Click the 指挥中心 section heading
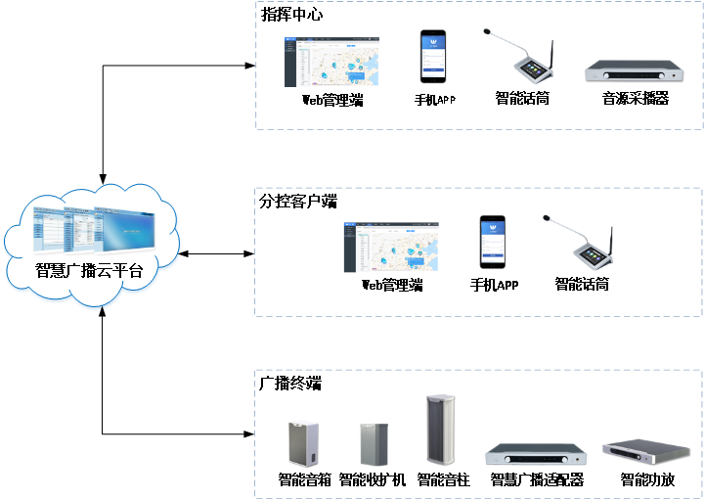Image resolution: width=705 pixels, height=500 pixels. point(291,15)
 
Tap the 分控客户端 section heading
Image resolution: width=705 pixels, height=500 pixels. point(298,202)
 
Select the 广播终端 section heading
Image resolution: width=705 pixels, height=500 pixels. point(290,383)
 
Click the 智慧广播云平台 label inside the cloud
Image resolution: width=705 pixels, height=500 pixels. point(89,270)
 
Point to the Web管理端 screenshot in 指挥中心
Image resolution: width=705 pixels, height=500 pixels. point(331,62)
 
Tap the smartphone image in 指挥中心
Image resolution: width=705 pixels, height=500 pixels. point(433,56)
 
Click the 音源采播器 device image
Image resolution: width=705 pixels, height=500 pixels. point(634,71)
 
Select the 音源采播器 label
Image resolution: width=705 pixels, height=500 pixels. point(636,98)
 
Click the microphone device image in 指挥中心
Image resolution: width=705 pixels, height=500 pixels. point(519,56)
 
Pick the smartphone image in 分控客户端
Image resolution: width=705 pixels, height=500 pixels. point(493,242)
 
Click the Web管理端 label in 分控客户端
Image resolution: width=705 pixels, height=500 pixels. point(392,285)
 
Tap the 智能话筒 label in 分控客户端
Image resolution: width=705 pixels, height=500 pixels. point(582,284)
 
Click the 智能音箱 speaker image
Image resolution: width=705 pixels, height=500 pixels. point(303,444)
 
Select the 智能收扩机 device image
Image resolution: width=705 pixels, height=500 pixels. point(374,444)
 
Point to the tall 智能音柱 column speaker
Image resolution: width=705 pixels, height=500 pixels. point(441,430)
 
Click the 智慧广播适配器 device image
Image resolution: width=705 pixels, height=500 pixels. point(536,455)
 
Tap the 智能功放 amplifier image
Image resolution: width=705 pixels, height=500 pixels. point(646,452)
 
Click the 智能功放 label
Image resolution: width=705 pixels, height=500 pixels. point(647,479)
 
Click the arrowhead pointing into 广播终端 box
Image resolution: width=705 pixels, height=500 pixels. point(249,433)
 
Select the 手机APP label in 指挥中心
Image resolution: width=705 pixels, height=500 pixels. point(434,100)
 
